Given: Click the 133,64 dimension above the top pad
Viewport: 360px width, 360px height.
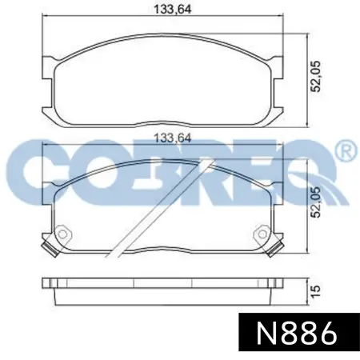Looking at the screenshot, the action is tap(173, 10).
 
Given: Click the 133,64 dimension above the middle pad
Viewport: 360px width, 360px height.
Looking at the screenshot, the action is tap(173, 138).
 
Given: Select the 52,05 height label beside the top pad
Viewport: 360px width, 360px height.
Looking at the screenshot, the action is tap(316, 77).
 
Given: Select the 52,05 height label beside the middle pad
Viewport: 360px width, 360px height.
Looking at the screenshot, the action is tap(316, 202).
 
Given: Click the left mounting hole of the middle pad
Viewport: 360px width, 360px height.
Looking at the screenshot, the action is tap(62, 234).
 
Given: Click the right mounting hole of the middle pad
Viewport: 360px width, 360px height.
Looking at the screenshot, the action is tap(262, 234).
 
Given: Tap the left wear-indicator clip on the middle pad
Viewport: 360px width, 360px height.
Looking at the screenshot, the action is tap(50, 249).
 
